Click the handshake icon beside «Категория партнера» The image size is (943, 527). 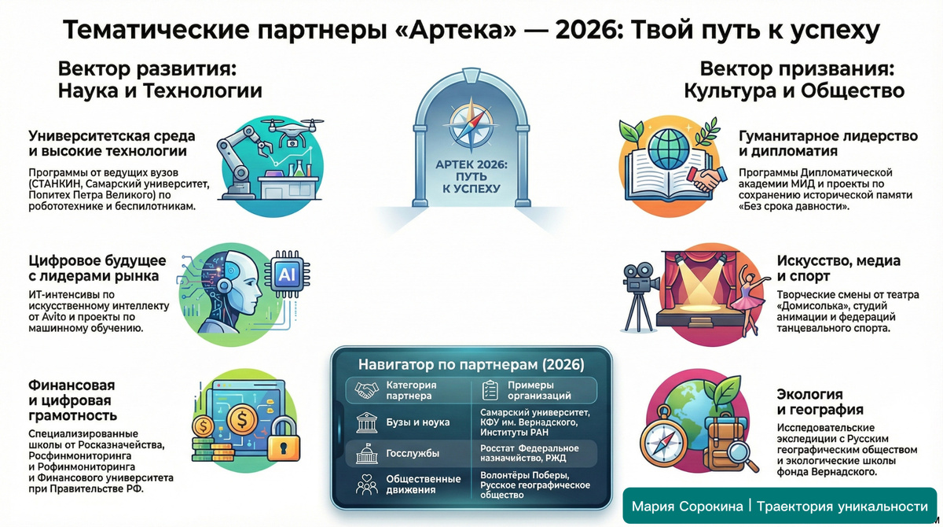click(x=367, y=390)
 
